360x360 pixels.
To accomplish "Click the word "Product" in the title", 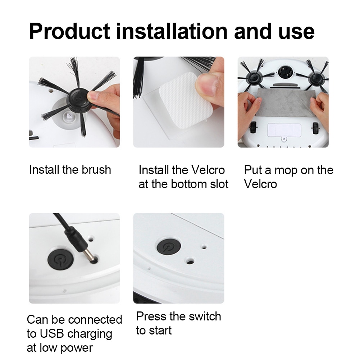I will pyautogui.click(x=70, y=32).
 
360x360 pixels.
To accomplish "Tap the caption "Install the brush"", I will pyautogui.click(x=70, y=169).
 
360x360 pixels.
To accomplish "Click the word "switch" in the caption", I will pyautogui.click(x=203, y=316).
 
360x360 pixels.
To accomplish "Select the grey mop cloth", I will pyautogui.click(x=283, y=105).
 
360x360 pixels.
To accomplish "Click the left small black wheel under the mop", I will pyautogui.click(x=255, y=128).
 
